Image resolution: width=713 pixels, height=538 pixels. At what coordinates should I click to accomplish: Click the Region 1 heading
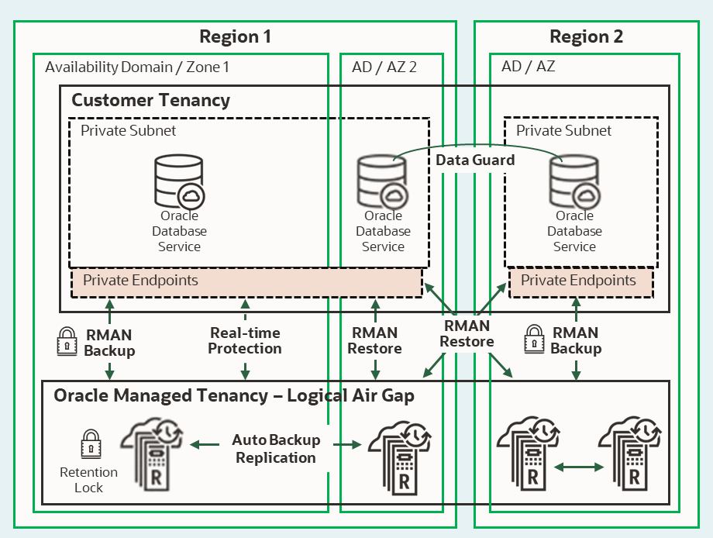[x=235, y=36]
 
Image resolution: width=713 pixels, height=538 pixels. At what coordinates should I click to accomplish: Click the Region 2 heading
[x=586, y=36]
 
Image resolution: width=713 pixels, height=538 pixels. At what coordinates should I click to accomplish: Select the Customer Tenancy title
[x=150, y=100]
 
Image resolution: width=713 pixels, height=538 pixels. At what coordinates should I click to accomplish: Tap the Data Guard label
[x=475, y=160]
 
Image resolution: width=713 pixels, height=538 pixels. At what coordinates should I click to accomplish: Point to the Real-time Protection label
[x=245, y=340]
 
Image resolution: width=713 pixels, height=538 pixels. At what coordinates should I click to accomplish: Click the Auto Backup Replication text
[x=276, y=449]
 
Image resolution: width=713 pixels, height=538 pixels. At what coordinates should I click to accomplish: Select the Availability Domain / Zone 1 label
[x=137, y=67]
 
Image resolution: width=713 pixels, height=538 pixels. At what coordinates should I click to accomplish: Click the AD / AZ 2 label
[x=384, y=67]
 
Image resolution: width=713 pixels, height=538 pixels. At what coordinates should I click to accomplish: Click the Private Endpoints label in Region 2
[x=578, y=281]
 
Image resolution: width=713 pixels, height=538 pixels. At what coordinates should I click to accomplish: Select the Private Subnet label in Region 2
[x=563, y=131]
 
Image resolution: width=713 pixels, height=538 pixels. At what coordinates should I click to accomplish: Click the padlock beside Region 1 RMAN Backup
[x=67, y=342]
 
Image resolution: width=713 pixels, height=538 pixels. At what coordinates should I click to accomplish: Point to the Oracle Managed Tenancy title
[x=234, y=396]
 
